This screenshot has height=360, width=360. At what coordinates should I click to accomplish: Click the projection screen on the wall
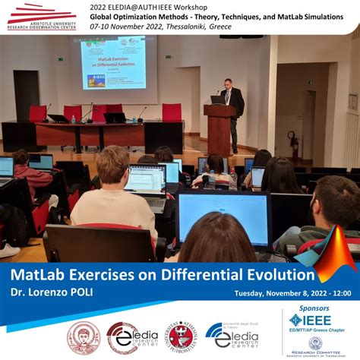[112, 65]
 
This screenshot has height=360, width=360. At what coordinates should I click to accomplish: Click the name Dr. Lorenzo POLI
[53, 292]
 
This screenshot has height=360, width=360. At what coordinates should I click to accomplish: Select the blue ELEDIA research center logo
[232, 334]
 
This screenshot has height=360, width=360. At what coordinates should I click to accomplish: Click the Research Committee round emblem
[314, 344]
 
